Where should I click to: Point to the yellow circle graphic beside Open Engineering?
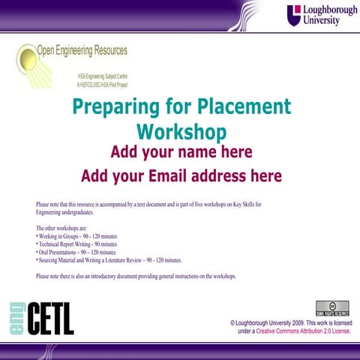click(x=26, y=57)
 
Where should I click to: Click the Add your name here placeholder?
click(x=181, y=153)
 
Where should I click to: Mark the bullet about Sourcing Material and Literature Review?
click(x=109, y=260)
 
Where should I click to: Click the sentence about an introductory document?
click(x=135, y=276)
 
